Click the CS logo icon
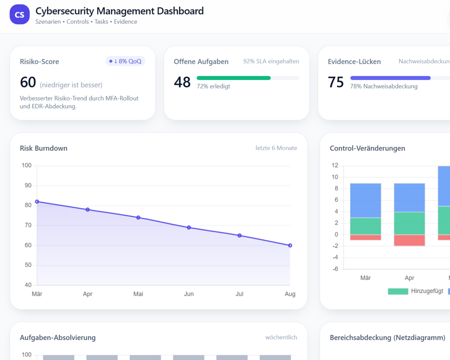[x=19, y=15]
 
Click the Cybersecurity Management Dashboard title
[x=119, y=11]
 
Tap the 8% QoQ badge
[x=125, y=61]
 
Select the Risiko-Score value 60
[x=28, y=83]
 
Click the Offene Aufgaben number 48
[x=182, y=82]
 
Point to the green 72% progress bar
[x=233, y=78]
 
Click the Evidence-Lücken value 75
[x=336, y=82]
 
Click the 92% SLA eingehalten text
[x=271, y=61]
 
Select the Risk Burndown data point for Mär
[x=37, y=201]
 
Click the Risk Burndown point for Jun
[x=189, y=228]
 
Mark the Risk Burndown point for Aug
[x=290, y=245]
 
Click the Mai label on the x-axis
[x=138, y=294]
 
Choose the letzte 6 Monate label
[x=276, y=148]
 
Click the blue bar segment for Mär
[x=365, y=200]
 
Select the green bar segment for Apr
[x=409, y=223]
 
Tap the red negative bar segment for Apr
[x=409, y=240]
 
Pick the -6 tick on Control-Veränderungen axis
[x=334, y=269]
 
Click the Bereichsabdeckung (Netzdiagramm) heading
[x=387, y=337]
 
